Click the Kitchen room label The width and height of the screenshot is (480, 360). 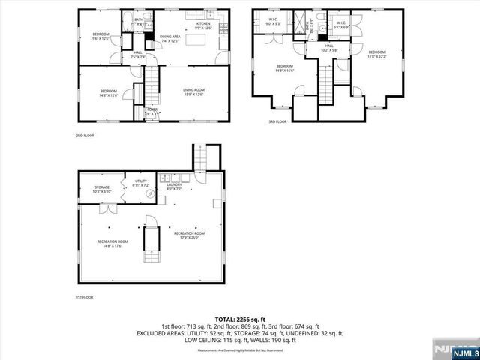(x=203, y=25)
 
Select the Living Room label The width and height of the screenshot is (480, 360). (x=193, y=92)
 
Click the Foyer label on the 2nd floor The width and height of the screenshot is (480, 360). (x=152, y=111)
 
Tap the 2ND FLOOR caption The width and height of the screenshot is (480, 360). (x=84, y=136)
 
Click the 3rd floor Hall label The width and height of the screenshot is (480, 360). (x=329, y=48)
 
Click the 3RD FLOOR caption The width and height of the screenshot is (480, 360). (x=277, y=121)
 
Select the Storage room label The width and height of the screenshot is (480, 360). (x=102, y=189)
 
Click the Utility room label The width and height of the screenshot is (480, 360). (x=141, y=183)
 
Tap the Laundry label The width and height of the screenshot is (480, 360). (x=174, y=186)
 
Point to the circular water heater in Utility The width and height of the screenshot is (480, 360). (x=150, y=193)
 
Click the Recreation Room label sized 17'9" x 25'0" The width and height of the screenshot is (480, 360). (x=189, y=235)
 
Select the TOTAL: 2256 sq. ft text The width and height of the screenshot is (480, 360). (x=239, y=319)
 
